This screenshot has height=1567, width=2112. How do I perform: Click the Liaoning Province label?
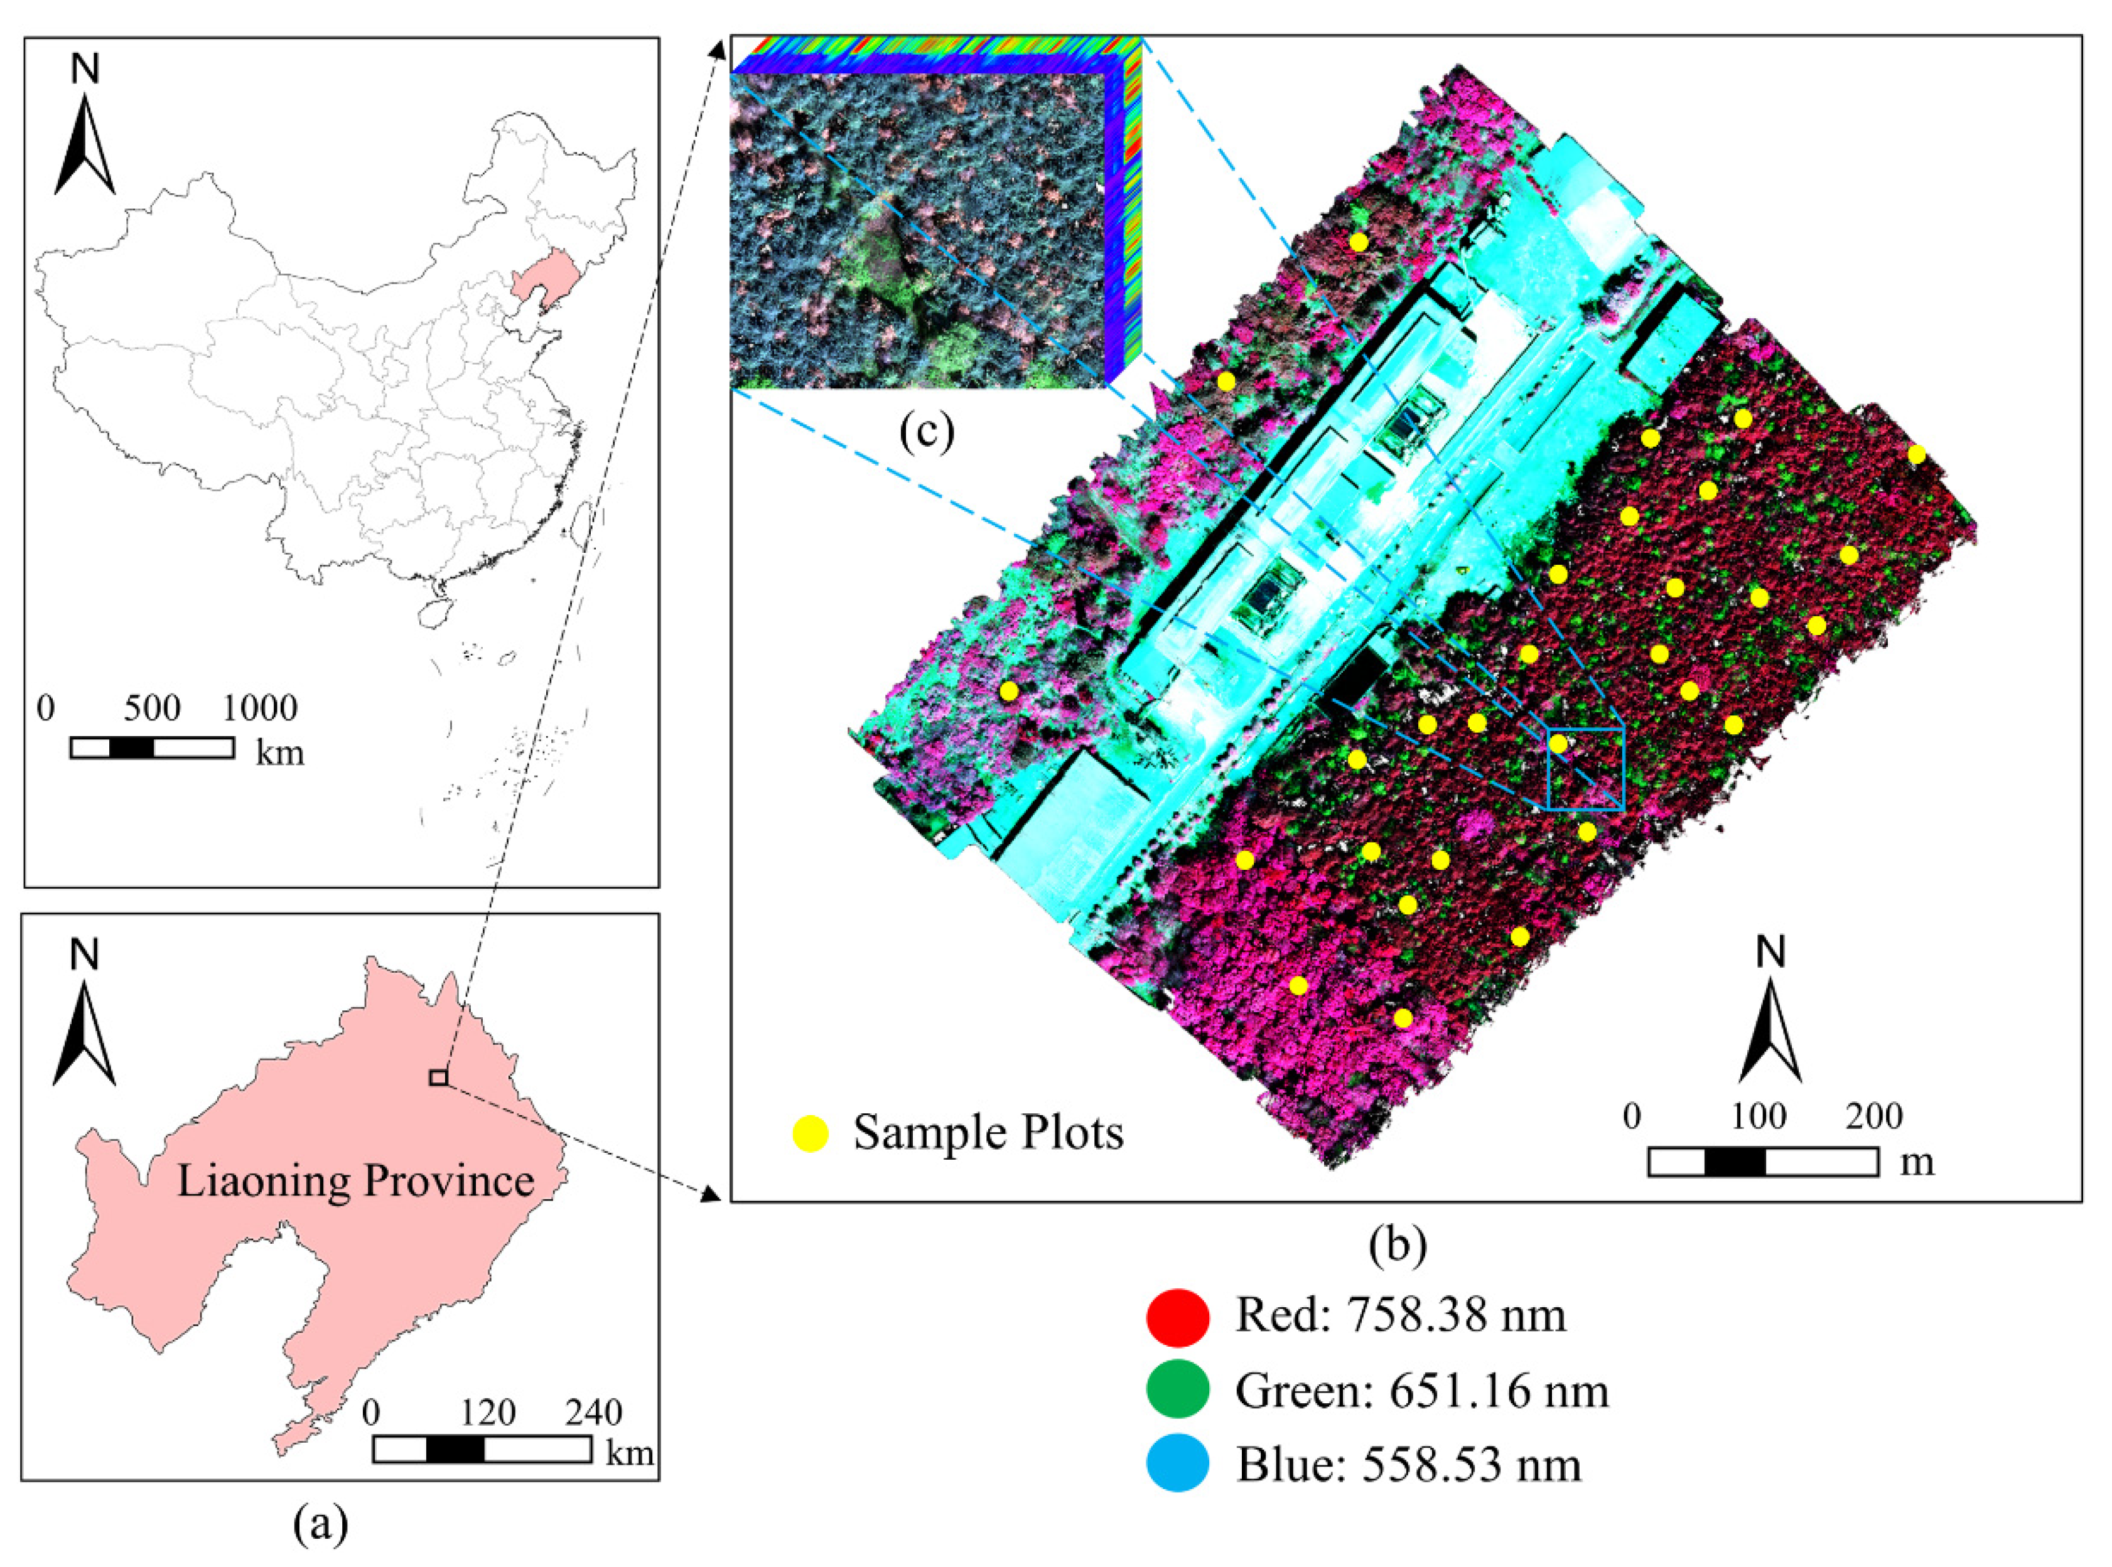[356, 1182]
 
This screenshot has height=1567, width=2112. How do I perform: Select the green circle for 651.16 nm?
[1177, 1391]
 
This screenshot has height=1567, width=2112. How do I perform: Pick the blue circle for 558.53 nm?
[1177, 1463]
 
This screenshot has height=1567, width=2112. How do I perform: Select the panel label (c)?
[926, 432]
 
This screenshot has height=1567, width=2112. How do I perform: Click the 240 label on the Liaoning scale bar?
[594, 1413]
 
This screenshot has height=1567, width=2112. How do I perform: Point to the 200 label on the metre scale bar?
[1874, 1116]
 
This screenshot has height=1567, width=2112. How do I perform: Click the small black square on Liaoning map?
[438, 1078]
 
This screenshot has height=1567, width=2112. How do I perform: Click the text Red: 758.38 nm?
[1399, 1315]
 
